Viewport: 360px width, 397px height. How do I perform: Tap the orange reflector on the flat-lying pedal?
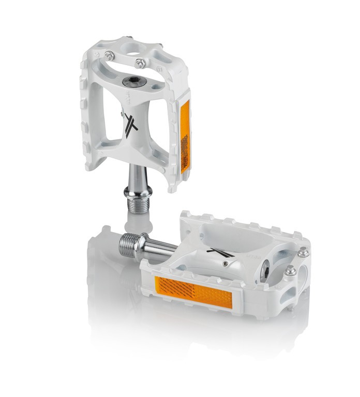click(193, 292)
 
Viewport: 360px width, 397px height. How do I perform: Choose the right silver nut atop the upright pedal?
click(140, 64)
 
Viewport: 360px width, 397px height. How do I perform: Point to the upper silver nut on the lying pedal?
click(303, 252)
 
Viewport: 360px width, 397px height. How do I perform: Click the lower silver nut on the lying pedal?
click(291, 270)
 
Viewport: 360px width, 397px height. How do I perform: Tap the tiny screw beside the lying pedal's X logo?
click(226, 263)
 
